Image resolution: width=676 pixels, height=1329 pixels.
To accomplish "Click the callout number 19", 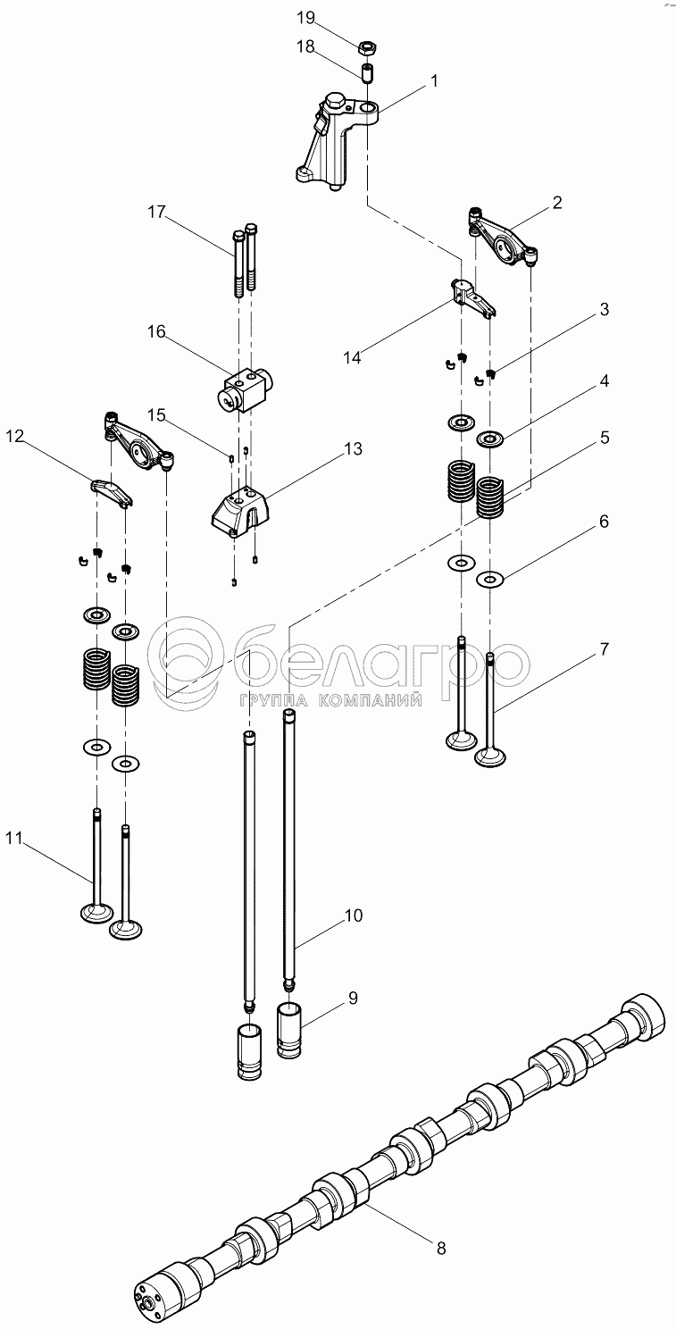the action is point(305,18).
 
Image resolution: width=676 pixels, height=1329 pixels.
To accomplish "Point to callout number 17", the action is point(156,212).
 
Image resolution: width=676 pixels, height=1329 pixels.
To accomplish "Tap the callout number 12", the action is point(15,438).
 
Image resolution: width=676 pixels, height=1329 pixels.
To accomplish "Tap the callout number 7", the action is point(604,649).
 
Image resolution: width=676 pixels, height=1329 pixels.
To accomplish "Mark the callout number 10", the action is point(353,915).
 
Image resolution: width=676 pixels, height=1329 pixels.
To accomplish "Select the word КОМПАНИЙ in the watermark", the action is point(370,701).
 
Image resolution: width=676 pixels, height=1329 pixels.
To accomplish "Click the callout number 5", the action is point(605,438).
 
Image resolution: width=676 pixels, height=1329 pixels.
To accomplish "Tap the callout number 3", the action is point(604,309).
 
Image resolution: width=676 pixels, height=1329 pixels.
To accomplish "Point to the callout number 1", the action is point(434,80).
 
